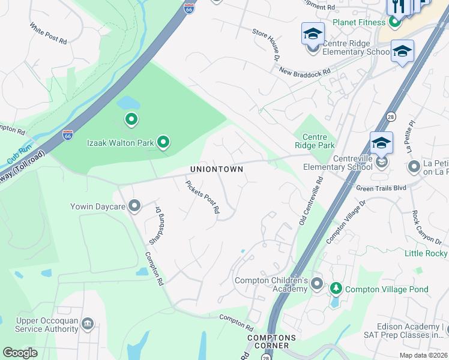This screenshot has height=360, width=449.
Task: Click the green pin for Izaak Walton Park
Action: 163,142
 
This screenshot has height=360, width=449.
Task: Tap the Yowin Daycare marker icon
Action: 134,206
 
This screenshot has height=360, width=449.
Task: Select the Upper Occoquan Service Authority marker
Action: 88,324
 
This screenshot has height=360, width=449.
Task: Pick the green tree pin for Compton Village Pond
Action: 336,289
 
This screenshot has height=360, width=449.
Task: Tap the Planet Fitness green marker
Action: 394,23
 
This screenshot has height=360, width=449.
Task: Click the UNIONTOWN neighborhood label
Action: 217,169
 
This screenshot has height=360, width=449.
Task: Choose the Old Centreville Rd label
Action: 310,200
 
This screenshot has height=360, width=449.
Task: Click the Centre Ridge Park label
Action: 314,141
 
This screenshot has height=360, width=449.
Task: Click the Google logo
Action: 20,353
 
